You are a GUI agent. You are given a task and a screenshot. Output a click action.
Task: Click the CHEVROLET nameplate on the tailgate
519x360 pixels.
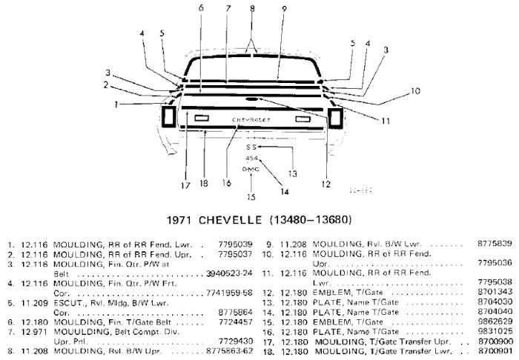pyautogui.click(x=251, y=119)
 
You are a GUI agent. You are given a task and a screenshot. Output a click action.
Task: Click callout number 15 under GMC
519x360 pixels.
pyautogui.click(x=250, y=197)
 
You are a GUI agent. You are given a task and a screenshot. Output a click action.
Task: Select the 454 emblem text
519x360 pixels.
pyautogui.click(x=251, y=158)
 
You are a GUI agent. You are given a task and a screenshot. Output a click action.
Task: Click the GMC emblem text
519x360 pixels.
pyautogui.click(x=251, y=169)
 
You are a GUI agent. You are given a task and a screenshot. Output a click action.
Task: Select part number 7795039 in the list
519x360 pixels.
pyautogui.click(x=237, y=243)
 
